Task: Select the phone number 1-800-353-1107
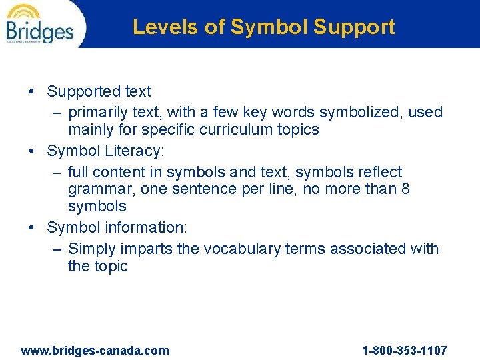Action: click(404, 351)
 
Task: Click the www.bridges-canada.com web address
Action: click(95, 351)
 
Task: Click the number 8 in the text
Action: click(405, 189)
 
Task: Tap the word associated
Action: click(373, 249)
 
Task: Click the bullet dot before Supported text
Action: click(33, 92)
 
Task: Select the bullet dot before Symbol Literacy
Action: click(33, 151)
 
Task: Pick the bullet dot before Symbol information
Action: click(33, 227)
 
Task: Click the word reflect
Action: click(379, 172)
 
